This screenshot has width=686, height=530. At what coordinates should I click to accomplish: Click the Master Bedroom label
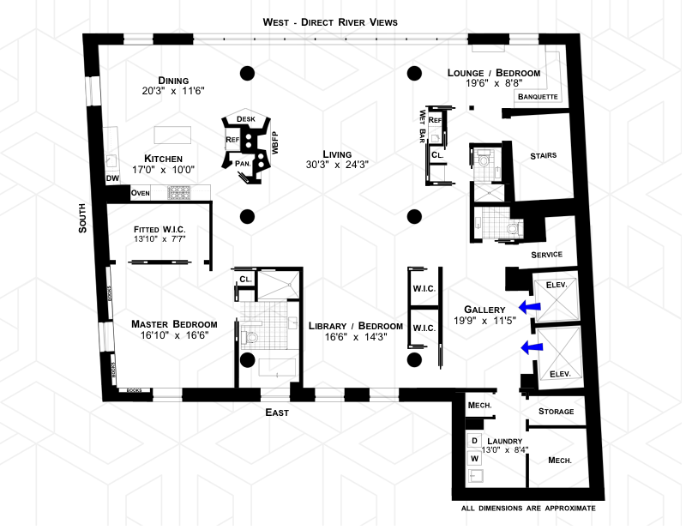pyautogui.click(x=173, y=324)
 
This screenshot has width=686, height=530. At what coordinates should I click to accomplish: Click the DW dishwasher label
pyautogui.click(x=112, y=178)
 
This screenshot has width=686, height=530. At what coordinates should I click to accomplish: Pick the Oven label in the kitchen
pyautogui.click(x=141, y=194)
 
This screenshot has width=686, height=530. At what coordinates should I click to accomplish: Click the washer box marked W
pyautogui.click(x=473, y=458)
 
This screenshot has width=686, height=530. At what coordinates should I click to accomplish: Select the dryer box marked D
pyautogui.click(x=473, y=440)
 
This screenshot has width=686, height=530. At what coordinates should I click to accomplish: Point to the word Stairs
pyautogui.click(x=544, y=155)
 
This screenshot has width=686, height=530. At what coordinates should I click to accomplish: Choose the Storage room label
pyautogui.click(x=556, y=412)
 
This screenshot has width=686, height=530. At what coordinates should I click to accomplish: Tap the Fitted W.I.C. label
pyautogui.click(x=160, y=230)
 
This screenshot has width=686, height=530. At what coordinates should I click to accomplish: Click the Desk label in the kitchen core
pyautogui.click(x=246, y=119)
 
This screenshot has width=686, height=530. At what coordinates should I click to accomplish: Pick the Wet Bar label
pyautogui.click(x=422, y=128)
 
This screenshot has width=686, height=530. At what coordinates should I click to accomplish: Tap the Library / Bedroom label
pyautogui.click(x=356, y=326)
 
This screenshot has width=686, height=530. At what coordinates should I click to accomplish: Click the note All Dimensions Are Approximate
pyautogui.click(x=527, y=509)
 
